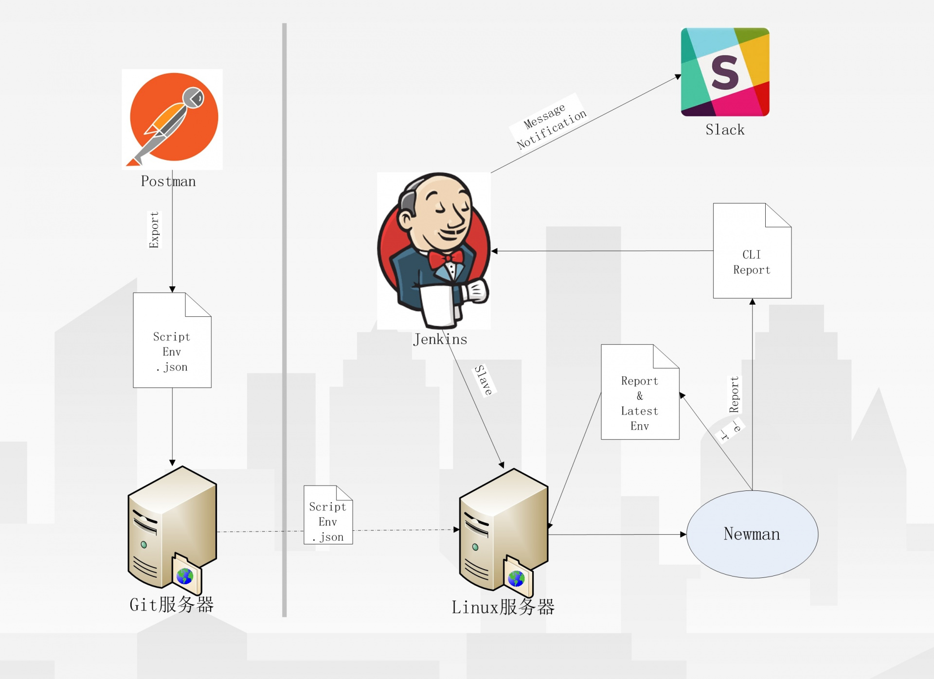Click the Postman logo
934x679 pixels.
tap(173, 118)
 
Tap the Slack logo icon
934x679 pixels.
tap(725, 72)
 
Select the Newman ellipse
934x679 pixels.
tap(752, 534)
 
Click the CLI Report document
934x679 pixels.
tap(752, 258)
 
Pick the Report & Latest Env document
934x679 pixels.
tap(640, 399)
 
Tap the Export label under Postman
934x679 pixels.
tap(154, 230)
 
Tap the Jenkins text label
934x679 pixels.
tap(440, 339)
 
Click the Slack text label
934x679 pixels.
tap(725, 130)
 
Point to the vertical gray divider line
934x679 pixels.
tap(285, 321)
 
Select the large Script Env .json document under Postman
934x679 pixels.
tap(172, 345)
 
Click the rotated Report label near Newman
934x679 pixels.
tap(734, 395)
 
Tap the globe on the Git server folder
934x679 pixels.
tap(185, 576)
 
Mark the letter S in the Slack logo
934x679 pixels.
tap(725, 72)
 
